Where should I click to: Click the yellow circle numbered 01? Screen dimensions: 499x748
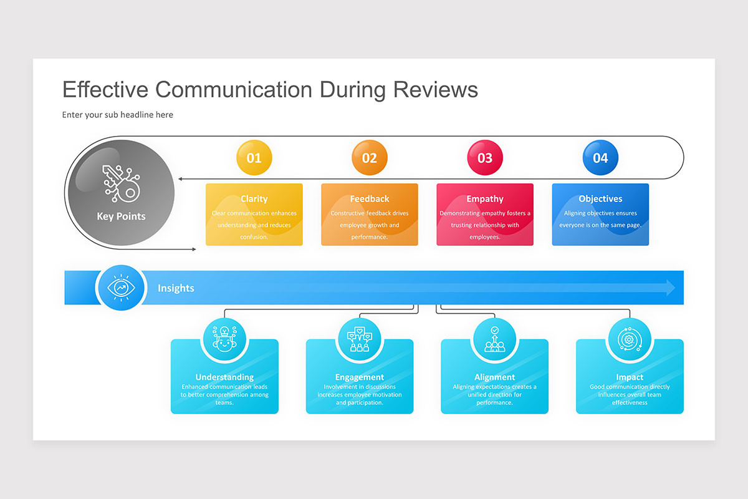pyautogui.click(x=254, y=158)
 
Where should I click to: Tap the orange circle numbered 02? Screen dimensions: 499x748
pyautogui.click(x=370, y=158)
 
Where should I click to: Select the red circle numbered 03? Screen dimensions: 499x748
pyautogui.click(x=485, y=158)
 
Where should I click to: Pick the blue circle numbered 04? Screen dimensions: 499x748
pyautogui.click(x=600, y=158)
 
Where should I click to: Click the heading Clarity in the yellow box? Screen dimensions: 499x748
pyautogui.click(x=254, y=199)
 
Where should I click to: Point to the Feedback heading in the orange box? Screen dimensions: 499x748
pyautogui.click(x=370, y=199)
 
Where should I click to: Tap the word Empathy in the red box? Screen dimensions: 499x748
pyautogui.click(x=485, y=199)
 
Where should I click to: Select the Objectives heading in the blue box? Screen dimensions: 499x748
pyautogui.click(x=600, y=199)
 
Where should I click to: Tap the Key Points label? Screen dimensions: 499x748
pyautogui.click(x=121, y=216)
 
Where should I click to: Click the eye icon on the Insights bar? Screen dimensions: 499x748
pyautogui.click(x=121, y=288)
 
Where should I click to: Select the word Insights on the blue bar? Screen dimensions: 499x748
pyautogui.click(x=176, y=288)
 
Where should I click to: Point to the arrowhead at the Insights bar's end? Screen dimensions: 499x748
pyautogui.click(x=670, y=288)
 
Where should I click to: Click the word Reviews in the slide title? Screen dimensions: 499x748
pyautogui.click(x=435, y=89)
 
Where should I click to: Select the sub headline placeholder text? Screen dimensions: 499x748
pyautogui.click(x=118, y=115)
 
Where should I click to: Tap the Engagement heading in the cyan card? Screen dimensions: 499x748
pyautogui.click(x=360, y=377)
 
